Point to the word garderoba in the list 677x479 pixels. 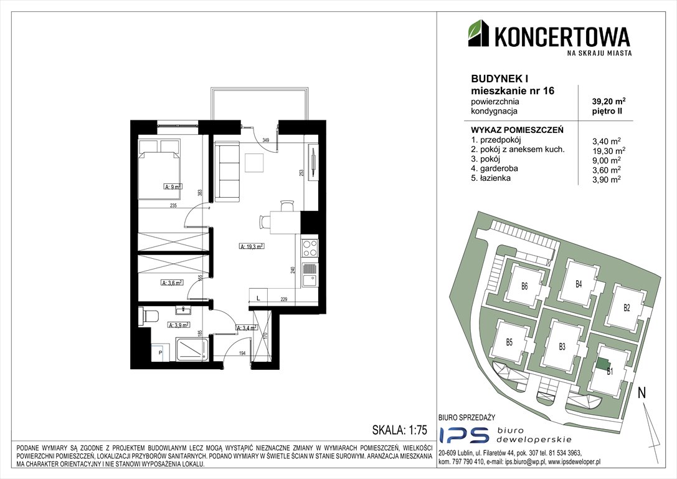[490, 169]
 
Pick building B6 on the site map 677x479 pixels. [524, 286]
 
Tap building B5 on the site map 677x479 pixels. [509, 341]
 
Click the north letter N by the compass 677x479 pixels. [641, 393]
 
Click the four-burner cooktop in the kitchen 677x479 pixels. [310, 249]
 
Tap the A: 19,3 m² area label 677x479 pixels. [252, 246]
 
